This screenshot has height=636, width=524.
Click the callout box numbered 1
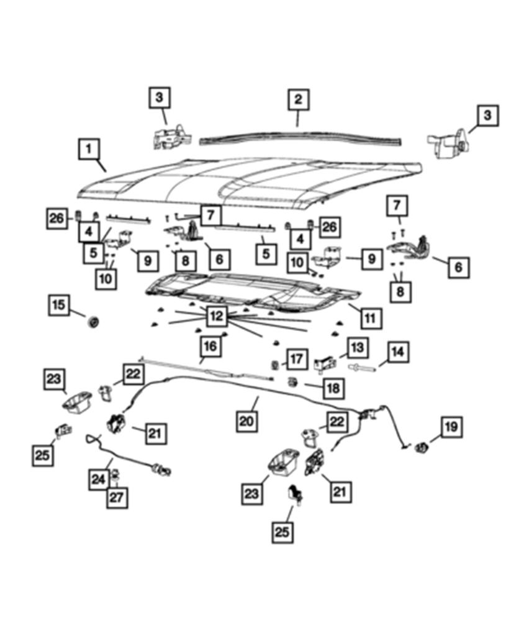[x=89, y=150]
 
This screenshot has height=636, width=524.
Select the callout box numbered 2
[x=298, y=99]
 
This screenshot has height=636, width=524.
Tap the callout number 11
[x=369, y=318]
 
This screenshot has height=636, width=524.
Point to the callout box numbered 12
[x=216, y=316]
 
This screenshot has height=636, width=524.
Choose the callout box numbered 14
[x=397, y=353]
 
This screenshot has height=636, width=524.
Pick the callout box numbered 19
[x=451, y=427]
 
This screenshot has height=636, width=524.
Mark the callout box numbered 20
[x=246, y=422]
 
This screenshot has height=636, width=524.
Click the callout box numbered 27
[x=117, y=497]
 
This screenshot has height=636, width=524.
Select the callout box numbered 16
[x=210, y=345]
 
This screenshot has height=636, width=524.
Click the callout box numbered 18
[x=333, y=389]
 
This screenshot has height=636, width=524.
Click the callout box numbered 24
[x=99, y=479]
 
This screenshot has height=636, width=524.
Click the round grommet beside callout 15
[x=94, y=322]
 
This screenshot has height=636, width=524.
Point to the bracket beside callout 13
[x=325, y=363]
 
